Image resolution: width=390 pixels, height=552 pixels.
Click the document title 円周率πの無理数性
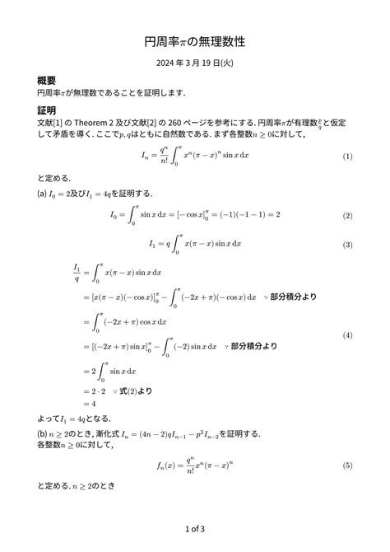click(195, 40)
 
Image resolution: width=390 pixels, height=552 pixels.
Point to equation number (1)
click(347, 157)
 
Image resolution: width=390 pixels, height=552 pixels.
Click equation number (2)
click(347, 216)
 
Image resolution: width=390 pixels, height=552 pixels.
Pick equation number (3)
click(347, 245)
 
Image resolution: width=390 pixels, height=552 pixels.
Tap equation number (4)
click(347, 336)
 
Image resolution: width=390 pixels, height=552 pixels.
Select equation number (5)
click(347, 466)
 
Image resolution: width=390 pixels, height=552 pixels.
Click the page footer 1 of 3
click(195, 528)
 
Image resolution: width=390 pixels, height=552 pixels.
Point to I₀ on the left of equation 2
click(115, 216)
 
